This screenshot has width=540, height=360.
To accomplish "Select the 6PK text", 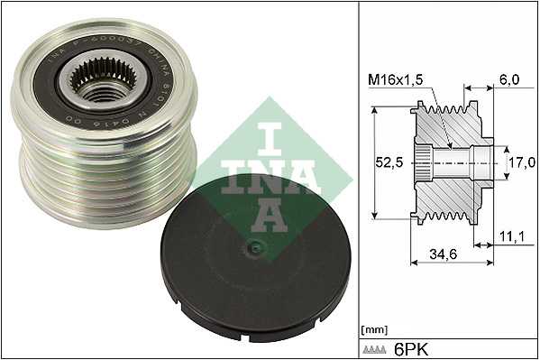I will click(x=411, y=346).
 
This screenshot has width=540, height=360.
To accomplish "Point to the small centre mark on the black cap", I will click(x=257, y=247).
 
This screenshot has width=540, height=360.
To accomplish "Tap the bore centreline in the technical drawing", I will click(x=469, y=164).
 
